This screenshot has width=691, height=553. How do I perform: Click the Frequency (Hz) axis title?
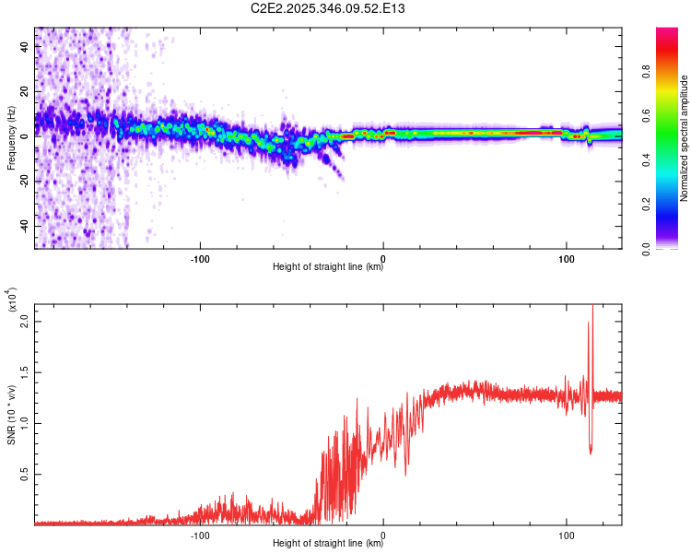(x=11, y=138)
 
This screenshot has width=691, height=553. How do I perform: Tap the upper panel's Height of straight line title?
(x=328, y=267)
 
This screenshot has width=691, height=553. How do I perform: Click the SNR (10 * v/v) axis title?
(x=11, y=415)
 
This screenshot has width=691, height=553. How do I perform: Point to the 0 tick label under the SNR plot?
(x=383, y=534)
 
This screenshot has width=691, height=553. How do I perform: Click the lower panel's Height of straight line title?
(x=328, y=544)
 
